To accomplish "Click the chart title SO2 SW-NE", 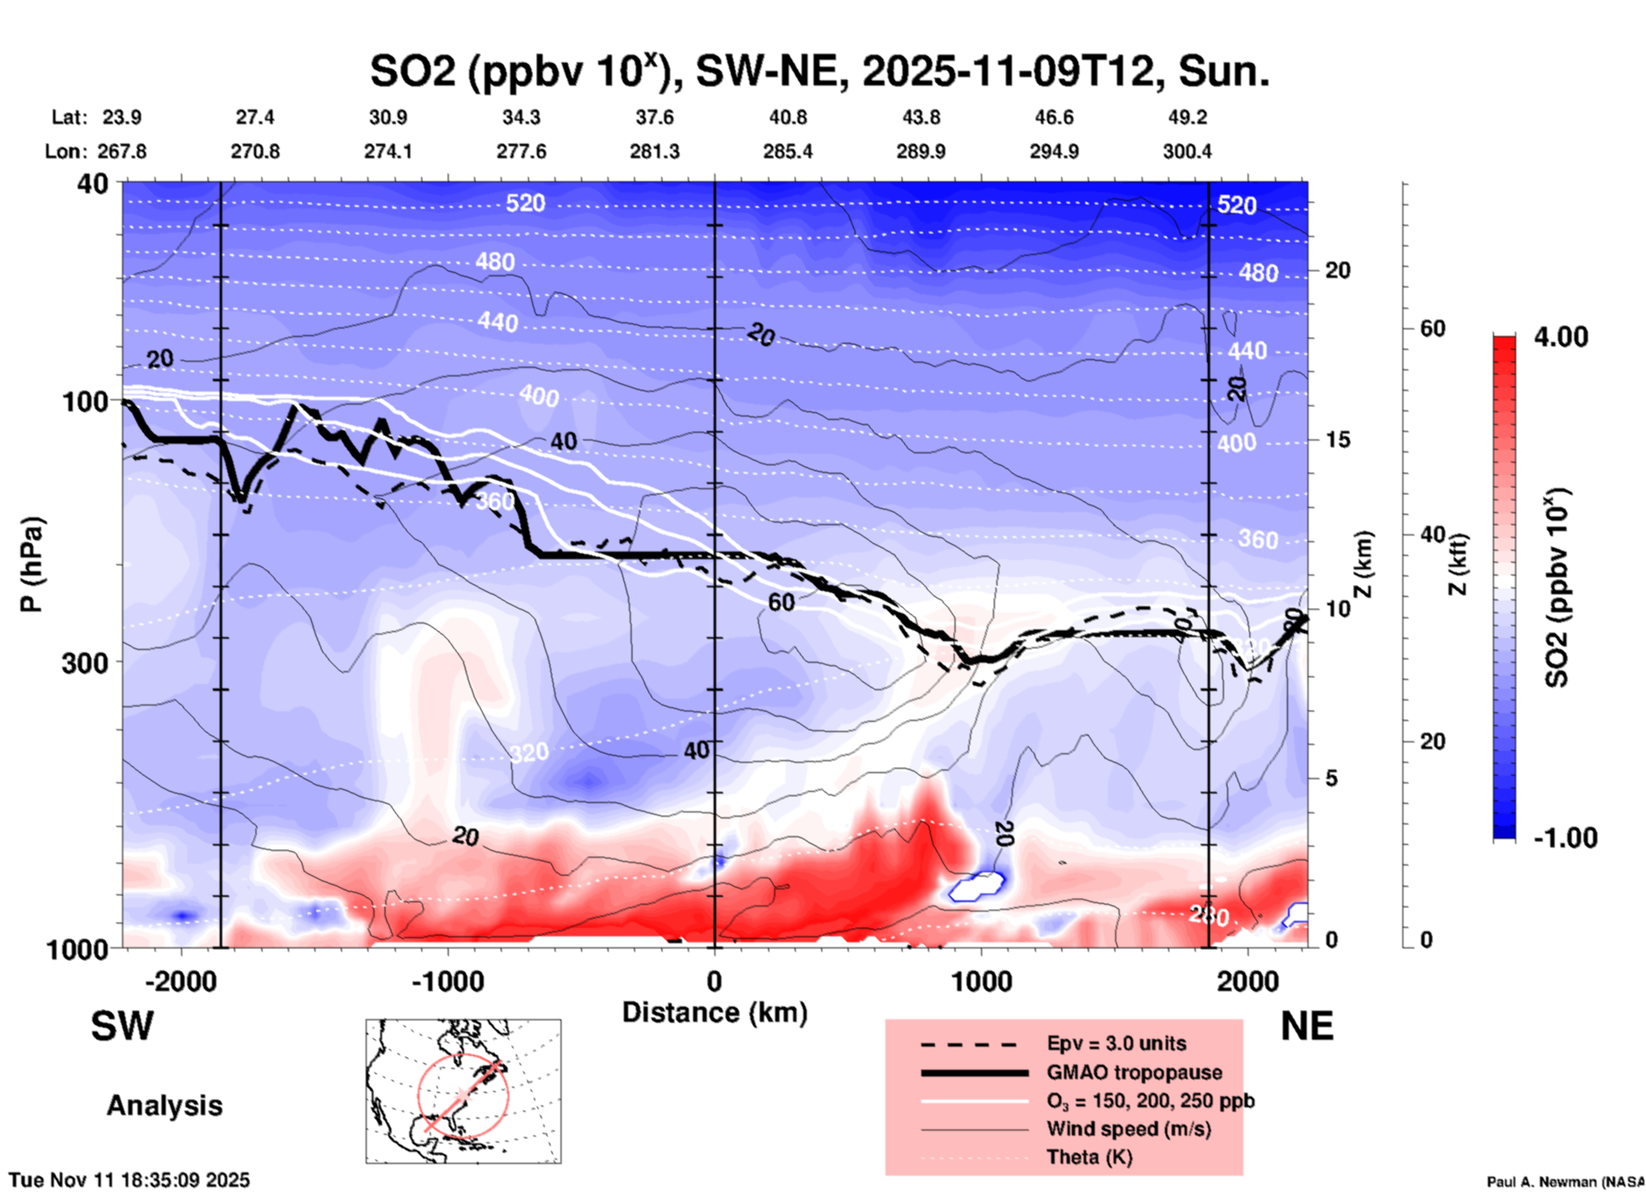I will pyautogui.click(x=819, y=70).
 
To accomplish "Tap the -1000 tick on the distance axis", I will pyautogui.click(x=448, y=981).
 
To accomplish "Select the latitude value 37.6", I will pyautogui.click(x=654, y=117).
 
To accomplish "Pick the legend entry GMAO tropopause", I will pyautogui.click(x=1134, y=1072).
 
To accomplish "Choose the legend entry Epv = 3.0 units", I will pyautogui.click(x=1116, y=1043).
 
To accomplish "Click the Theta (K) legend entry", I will pyautogui.click(x=1089, y=1157).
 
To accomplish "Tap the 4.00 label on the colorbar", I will pyautogui.click(x=1561, y=336).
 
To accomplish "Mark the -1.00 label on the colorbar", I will pyautogui.click(x=1565, y=837).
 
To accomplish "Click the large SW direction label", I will pyautogui.click(x=122, y=1026).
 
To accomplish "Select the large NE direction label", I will pyautogui.click(x=1307, y=1026).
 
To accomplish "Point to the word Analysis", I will pyautogui.click(x=164, y=1106).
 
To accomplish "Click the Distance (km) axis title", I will pyautogui.click(x=714, y=1012).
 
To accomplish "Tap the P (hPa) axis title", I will pyautogui.click(x=32, y=564).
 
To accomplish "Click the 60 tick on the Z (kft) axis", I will pyautogui.click(x=1432, y=328).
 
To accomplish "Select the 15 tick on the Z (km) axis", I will pyautogui.click(x=1337, y=440).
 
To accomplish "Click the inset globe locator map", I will pyautogui.click(x=463, y=1090).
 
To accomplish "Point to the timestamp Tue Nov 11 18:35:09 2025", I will pyautogui.click(x=129, y=1180).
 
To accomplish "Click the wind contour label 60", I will pyautogui.click(x=781, y=602).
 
